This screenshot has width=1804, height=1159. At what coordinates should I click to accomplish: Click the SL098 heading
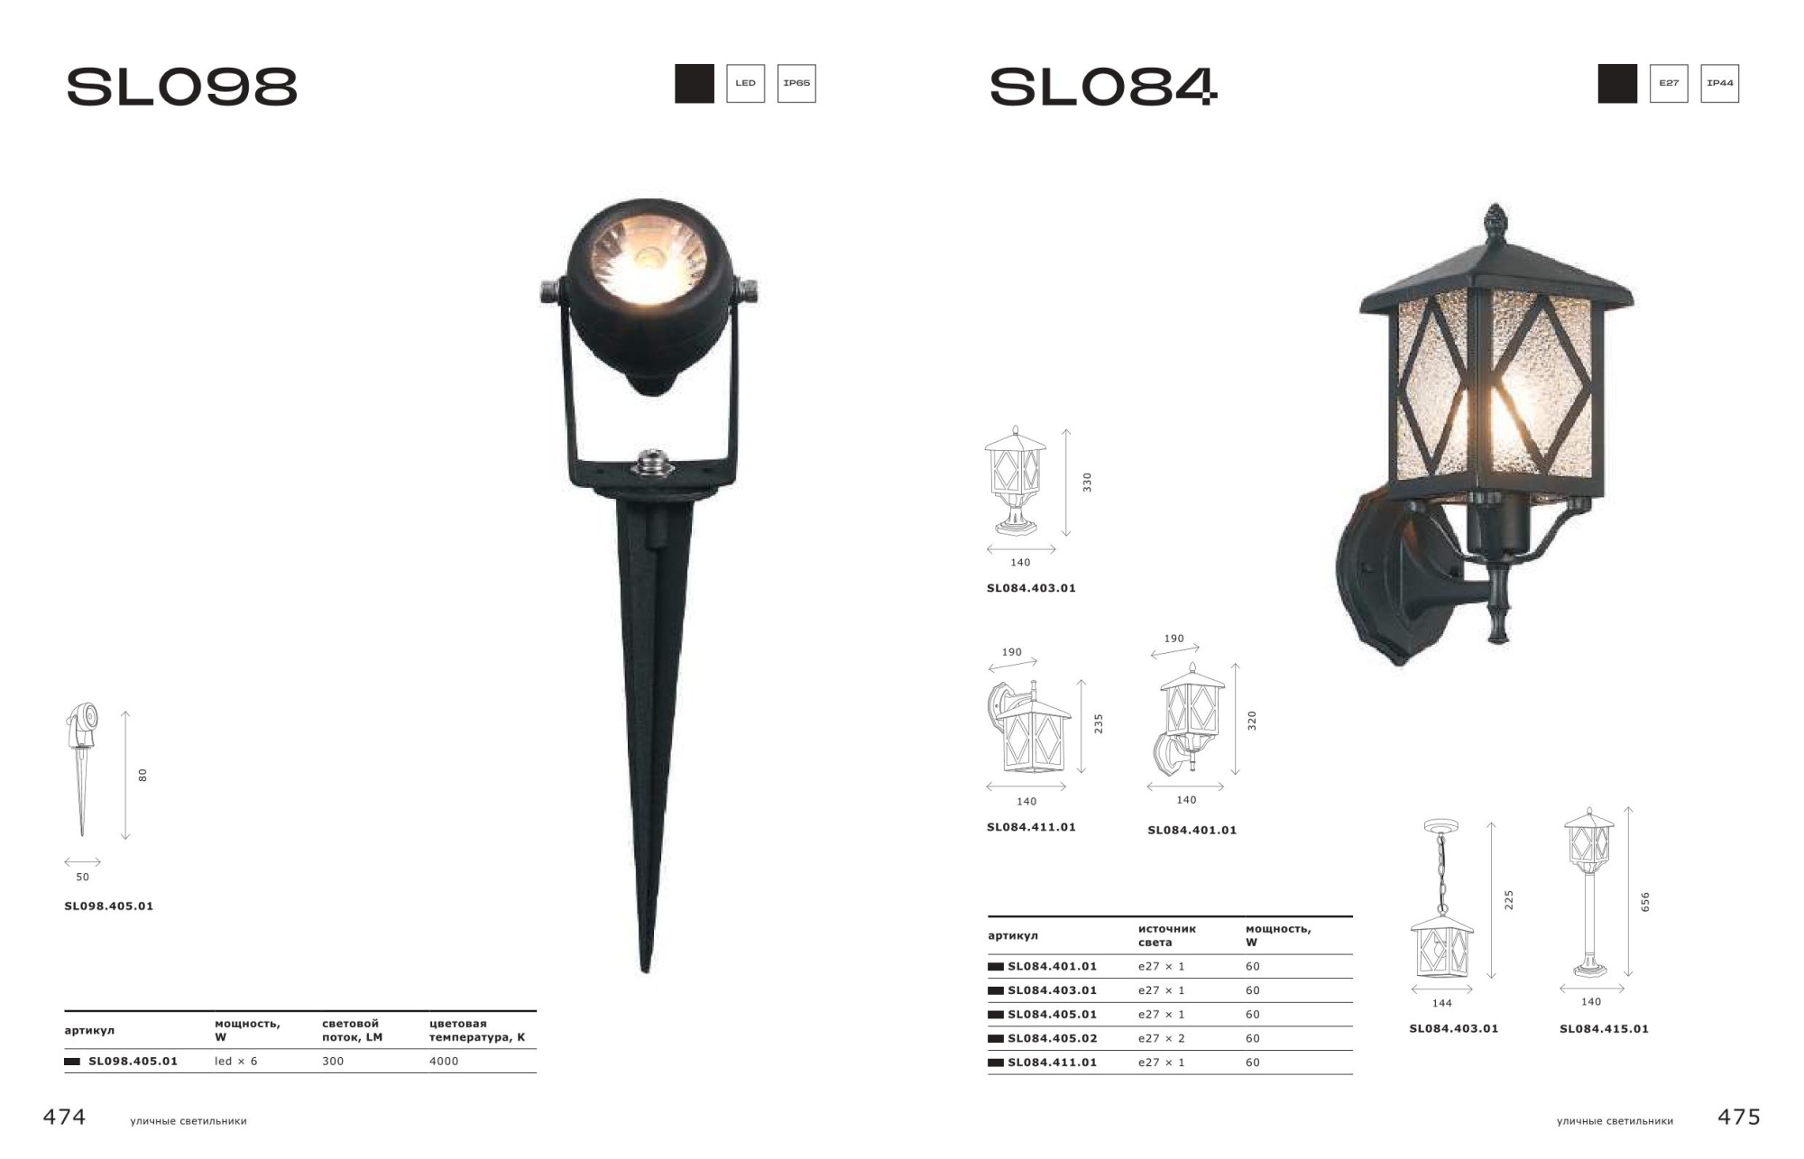pos(181,87)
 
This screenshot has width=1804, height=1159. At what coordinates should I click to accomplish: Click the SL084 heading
pos(1103,87)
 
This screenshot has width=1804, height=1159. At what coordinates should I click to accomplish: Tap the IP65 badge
pos(796,83)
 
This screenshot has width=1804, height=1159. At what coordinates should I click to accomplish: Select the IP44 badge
pos(1719,83)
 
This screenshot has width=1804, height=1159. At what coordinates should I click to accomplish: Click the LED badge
pos(745,83)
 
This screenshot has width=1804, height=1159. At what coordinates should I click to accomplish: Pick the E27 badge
pos(1669,83)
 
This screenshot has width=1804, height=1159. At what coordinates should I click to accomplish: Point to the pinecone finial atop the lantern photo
pos(1496,223)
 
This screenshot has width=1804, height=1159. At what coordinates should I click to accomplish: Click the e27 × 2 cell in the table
pos(1162,1038)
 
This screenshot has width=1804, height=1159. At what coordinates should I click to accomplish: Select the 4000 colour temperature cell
pos(444,1061)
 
